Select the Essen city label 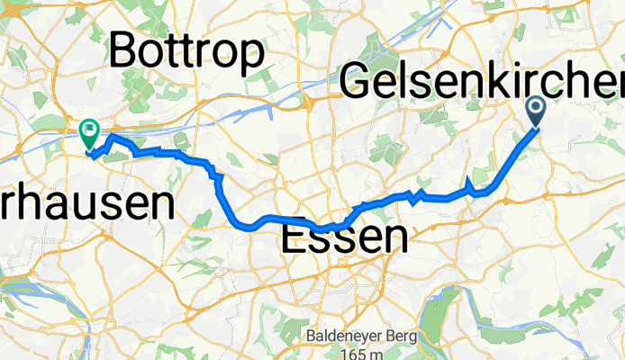click(344, 238)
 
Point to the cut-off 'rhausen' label click(86, 205)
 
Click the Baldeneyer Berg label click(348, 337)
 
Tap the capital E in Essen click(295, 238)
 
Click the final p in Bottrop click(252, 56)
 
